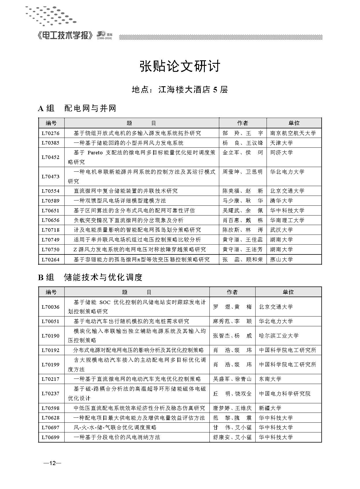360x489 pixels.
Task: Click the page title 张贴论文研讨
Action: tap(180, 66)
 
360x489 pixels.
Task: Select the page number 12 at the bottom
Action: tap(52, 463)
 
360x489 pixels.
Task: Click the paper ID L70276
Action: tap(50, 133)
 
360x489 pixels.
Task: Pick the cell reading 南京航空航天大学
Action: tap(293, 133)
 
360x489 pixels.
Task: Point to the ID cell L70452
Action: tap(50, 157)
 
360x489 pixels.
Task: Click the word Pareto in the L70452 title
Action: tap(95, 153)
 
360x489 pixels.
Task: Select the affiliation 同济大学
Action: tap(281, 153)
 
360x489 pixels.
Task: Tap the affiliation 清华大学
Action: tap(281, 201)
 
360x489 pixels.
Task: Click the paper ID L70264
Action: tap(50, 260)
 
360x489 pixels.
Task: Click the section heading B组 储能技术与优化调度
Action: tap(90, 277)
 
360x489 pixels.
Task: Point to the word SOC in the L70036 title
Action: tap(105, 302)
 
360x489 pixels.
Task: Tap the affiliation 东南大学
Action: tap(270, 379)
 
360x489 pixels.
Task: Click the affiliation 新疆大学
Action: tap(270, 408)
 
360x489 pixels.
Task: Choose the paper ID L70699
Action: tap(50, 437)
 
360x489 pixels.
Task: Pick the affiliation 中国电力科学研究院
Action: tap(284, 394)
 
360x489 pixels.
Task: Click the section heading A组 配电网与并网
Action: tap(77, 108)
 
